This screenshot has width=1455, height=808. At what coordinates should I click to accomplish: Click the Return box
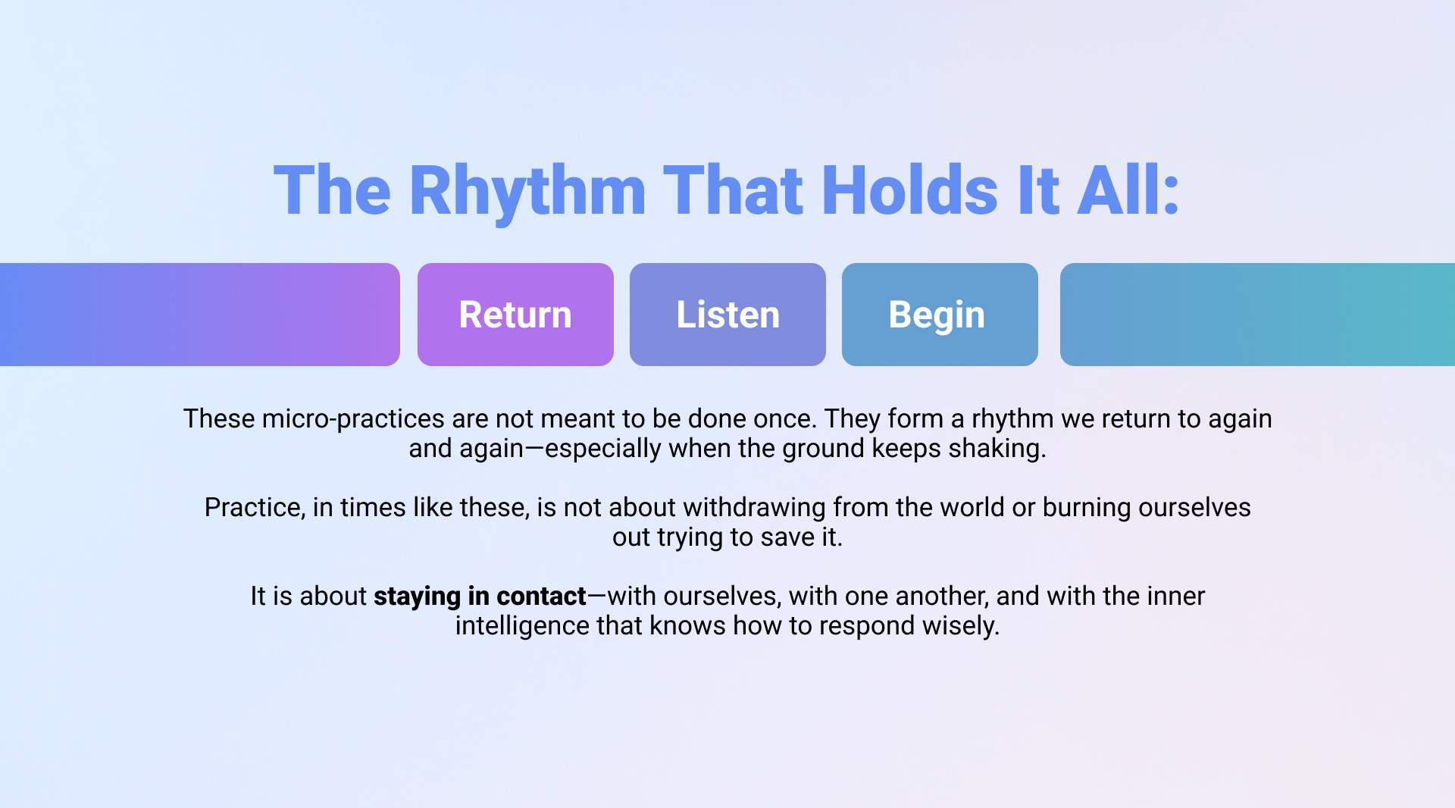(515, 315)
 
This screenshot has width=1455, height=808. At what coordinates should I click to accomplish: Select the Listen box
(727, 315)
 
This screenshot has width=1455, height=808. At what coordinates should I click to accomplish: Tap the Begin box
(940, 315)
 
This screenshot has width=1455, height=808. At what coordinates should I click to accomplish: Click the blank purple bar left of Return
(200, 315)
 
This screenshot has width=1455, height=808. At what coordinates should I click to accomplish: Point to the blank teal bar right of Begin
(1257, 315)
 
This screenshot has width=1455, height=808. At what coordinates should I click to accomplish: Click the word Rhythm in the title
(527, 191)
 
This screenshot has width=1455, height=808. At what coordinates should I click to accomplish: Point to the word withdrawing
(755, 508)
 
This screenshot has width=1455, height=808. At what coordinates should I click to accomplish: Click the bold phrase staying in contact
(480, 597)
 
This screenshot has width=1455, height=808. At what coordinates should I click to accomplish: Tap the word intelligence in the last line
(522, 626)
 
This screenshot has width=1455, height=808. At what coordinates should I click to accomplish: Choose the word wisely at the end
(966, 627)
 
